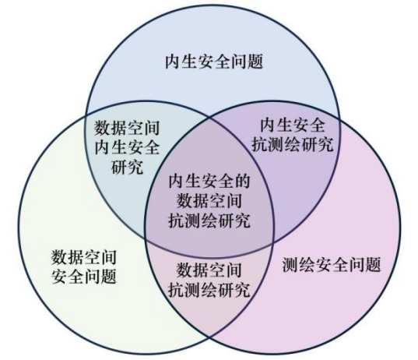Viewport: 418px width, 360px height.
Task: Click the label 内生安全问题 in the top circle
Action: [214, 62]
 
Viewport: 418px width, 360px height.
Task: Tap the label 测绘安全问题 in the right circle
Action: [332, 264]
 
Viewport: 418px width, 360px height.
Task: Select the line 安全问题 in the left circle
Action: [84, 277]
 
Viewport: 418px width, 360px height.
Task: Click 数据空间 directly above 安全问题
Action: [84, 257]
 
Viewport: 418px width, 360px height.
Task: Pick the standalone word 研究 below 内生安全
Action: [127, 167]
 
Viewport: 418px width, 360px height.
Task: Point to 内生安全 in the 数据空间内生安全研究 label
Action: [127, 147]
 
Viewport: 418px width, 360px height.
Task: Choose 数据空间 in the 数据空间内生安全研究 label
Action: [127, 128]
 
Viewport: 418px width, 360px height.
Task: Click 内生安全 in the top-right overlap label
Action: [293, 125]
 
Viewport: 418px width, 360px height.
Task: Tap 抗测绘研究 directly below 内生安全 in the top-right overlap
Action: [293, 145]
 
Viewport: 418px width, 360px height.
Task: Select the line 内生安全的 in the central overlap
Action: [209, 181]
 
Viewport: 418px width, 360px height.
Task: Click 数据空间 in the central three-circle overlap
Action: [209, 201]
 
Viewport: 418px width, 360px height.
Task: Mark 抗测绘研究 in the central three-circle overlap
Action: [209, 221]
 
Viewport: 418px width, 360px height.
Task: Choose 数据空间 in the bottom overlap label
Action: [209, 270]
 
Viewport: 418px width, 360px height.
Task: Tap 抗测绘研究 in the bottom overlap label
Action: [209, 290]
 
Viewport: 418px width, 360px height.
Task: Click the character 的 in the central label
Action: [242, 181]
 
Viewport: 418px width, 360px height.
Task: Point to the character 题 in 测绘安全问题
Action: [373, 264]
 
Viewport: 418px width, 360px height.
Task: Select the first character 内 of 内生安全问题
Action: [173, 62]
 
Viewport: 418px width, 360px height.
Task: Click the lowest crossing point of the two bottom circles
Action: [209, 337]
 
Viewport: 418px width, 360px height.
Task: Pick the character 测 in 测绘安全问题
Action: [290, 264]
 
